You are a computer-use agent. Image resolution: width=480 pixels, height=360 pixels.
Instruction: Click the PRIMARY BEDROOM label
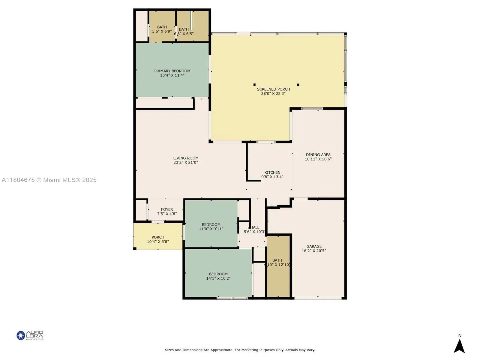pos(172,71)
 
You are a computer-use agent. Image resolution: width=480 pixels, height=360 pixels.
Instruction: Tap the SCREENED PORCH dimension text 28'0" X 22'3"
pos(273,94)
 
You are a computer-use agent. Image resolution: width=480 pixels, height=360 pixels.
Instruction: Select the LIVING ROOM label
pos(186,158)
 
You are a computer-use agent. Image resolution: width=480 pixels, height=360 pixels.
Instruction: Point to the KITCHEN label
pos(272,172)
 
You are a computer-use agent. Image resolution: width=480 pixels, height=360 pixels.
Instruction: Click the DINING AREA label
pos(318,155)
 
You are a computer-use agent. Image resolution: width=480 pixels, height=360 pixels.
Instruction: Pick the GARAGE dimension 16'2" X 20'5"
pos(314,251)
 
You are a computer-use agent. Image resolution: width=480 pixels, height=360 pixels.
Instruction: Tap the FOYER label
pos(167,210)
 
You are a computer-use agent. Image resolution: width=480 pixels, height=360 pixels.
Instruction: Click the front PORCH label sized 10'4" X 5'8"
pos(158,237)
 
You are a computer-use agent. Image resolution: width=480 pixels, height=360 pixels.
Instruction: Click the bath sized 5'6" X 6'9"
pos(162,29)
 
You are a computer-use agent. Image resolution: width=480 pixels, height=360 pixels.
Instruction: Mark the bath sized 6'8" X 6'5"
pos(184,31)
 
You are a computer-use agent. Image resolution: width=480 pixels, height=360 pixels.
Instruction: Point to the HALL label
pos(255,227)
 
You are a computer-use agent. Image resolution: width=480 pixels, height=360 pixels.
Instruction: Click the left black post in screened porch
pos(254,85)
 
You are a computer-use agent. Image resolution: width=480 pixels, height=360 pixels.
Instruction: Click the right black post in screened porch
pos(298,85)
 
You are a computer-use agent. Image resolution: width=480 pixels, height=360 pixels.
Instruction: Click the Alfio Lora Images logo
pos(30,335)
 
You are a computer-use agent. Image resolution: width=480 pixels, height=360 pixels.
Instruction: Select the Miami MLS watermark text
pos(49,180)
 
